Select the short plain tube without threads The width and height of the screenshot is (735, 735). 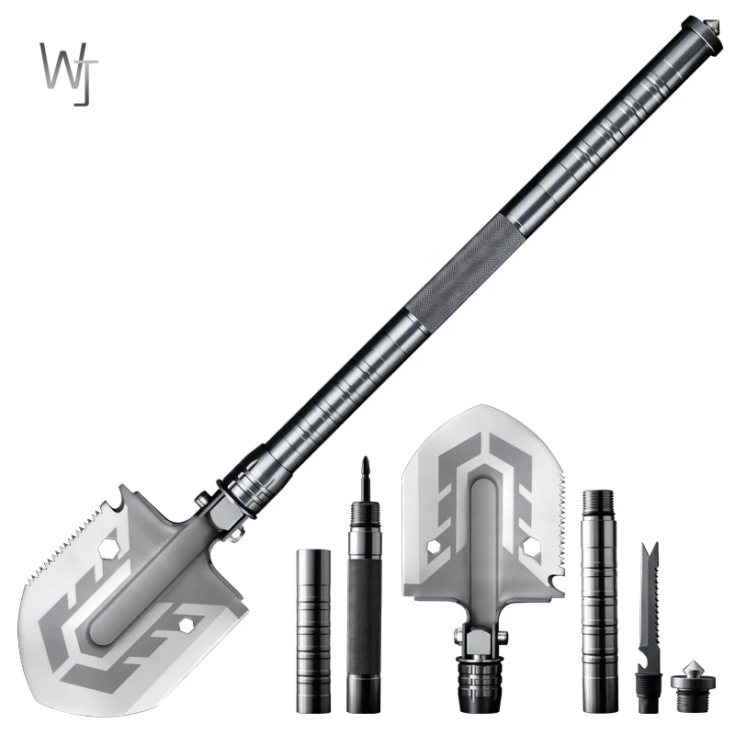[x=313, y=629]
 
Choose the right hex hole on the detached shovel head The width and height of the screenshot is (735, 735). [x=530, y=548]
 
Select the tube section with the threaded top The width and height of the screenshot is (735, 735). [x=598, y=602]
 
